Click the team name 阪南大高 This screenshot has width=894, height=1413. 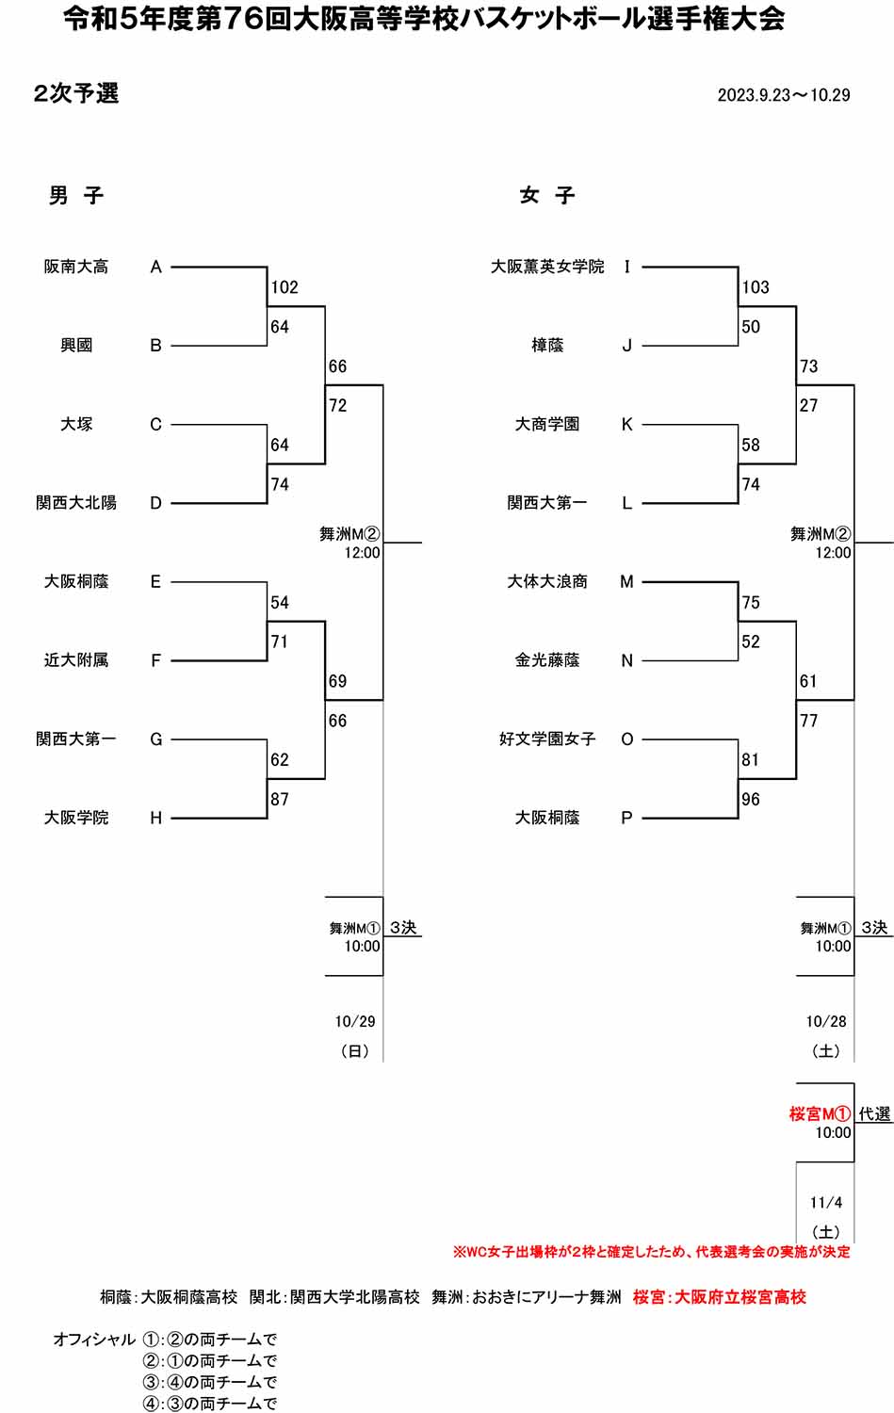coord(76,267)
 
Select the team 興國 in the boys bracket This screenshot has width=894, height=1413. coord(76,346)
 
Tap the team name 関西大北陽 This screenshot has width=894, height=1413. coord(76,503)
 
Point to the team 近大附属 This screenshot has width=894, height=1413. coord(76,660)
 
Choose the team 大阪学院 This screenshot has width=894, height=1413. coord(76,818)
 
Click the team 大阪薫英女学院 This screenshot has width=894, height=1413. coord(547,267)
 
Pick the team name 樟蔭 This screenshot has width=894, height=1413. coord(547,346)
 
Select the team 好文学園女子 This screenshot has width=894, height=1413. coord(547,739)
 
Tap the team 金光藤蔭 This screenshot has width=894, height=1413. coord(547,660)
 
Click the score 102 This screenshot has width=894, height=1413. coord(284,287)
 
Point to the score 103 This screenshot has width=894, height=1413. coord(756,287)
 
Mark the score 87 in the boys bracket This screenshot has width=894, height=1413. coord(280,799)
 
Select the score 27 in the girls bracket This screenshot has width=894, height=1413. coord(808,406)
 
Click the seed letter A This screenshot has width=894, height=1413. coord(156,268)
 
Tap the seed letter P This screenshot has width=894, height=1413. coord(627,818)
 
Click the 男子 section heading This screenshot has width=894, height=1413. coord(75,195)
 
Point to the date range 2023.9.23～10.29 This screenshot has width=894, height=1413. coord(784,95)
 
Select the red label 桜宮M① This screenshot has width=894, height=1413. coord(820,1113)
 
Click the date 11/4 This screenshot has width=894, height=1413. coord(826,1203)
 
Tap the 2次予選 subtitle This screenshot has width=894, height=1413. coord(75,93)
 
